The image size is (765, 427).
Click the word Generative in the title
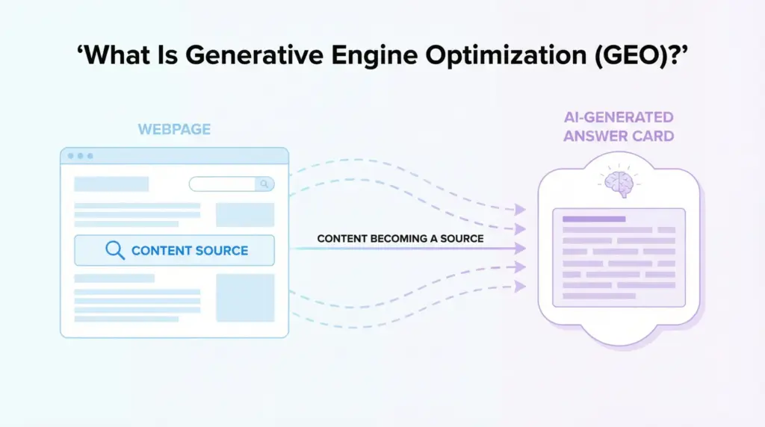pos(254,54)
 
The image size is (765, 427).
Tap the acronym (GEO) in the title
pos(635,55)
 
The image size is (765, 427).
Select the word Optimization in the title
pos(506,55)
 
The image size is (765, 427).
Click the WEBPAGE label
pos(174,129)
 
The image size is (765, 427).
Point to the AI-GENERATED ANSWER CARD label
pos(619,127)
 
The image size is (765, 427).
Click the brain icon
pos(619,184)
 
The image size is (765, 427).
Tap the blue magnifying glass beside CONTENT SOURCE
pos(115,250)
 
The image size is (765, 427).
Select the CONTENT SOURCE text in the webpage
pos(190,251)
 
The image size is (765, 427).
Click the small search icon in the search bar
pos(264,184)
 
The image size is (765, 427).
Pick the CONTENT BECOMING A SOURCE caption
pos(400,239)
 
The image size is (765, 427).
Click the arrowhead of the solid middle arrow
pos(520,248)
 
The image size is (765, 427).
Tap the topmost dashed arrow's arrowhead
pos(520,210)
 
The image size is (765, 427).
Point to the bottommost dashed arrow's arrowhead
pos(520,286)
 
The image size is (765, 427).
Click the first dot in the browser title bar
pos(71,156)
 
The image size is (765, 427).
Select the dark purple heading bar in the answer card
pos(594,219)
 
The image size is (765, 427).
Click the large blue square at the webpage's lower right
pos(245,298)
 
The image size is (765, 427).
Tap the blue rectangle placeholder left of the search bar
pos(111,184)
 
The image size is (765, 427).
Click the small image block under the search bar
pos(245,215)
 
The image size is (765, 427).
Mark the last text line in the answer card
pos(599,296)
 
